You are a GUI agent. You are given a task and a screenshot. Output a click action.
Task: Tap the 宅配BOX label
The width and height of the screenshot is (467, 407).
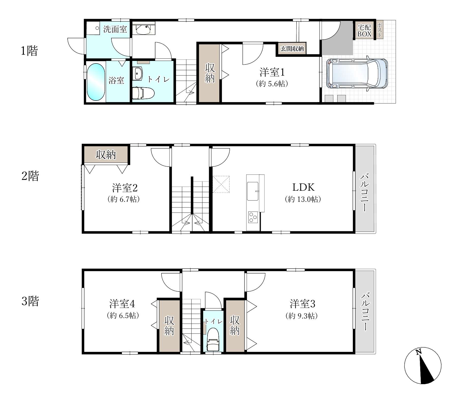(364, 31)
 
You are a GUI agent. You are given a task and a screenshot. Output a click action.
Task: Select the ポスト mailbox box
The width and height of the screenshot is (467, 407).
(379, 30)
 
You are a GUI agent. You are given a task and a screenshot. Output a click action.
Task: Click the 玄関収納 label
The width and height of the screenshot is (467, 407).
(292, 48)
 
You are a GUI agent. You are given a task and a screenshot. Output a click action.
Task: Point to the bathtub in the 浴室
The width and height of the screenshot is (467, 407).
(96, 82)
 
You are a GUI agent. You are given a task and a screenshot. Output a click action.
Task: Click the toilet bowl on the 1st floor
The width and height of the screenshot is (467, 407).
(143, 93)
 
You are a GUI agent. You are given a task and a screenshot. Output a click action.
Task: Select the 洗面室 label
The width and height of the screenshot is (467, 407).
(115, 29)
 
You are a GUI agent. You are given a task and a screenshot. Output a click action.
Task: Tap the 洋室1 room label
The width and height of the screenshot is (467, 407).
(272, 72)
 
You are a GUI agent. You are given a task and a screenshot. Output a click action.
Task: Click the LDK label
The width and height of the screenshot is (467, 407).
(303, 187)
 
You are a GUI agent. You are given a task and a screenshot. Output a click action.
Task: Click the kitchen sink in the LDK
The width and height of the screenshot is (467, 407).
(253, 191)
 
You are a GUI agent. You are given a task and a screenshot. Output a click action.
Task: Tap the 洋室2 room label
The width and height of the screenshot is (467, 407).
(125, 188)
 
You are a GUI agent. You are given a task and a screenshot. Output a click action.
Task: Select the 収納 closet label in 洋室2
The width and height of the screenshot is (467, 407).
(106, 154)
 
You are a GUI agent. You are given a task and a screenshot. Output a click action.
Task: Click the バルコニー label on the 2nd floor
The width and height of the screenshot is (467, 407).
(364, 192)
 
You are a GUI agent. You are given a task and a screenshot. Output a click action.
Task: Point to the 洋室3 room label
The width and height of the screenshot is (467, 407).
(302, 304)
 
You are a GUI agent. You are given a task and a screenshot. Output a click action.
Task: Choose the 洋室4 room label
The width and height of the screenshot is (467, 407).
(122, 304)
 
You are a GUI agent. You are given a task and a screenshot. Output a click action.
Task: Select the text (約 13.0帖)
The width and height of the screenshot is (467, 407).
(303, 199)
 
